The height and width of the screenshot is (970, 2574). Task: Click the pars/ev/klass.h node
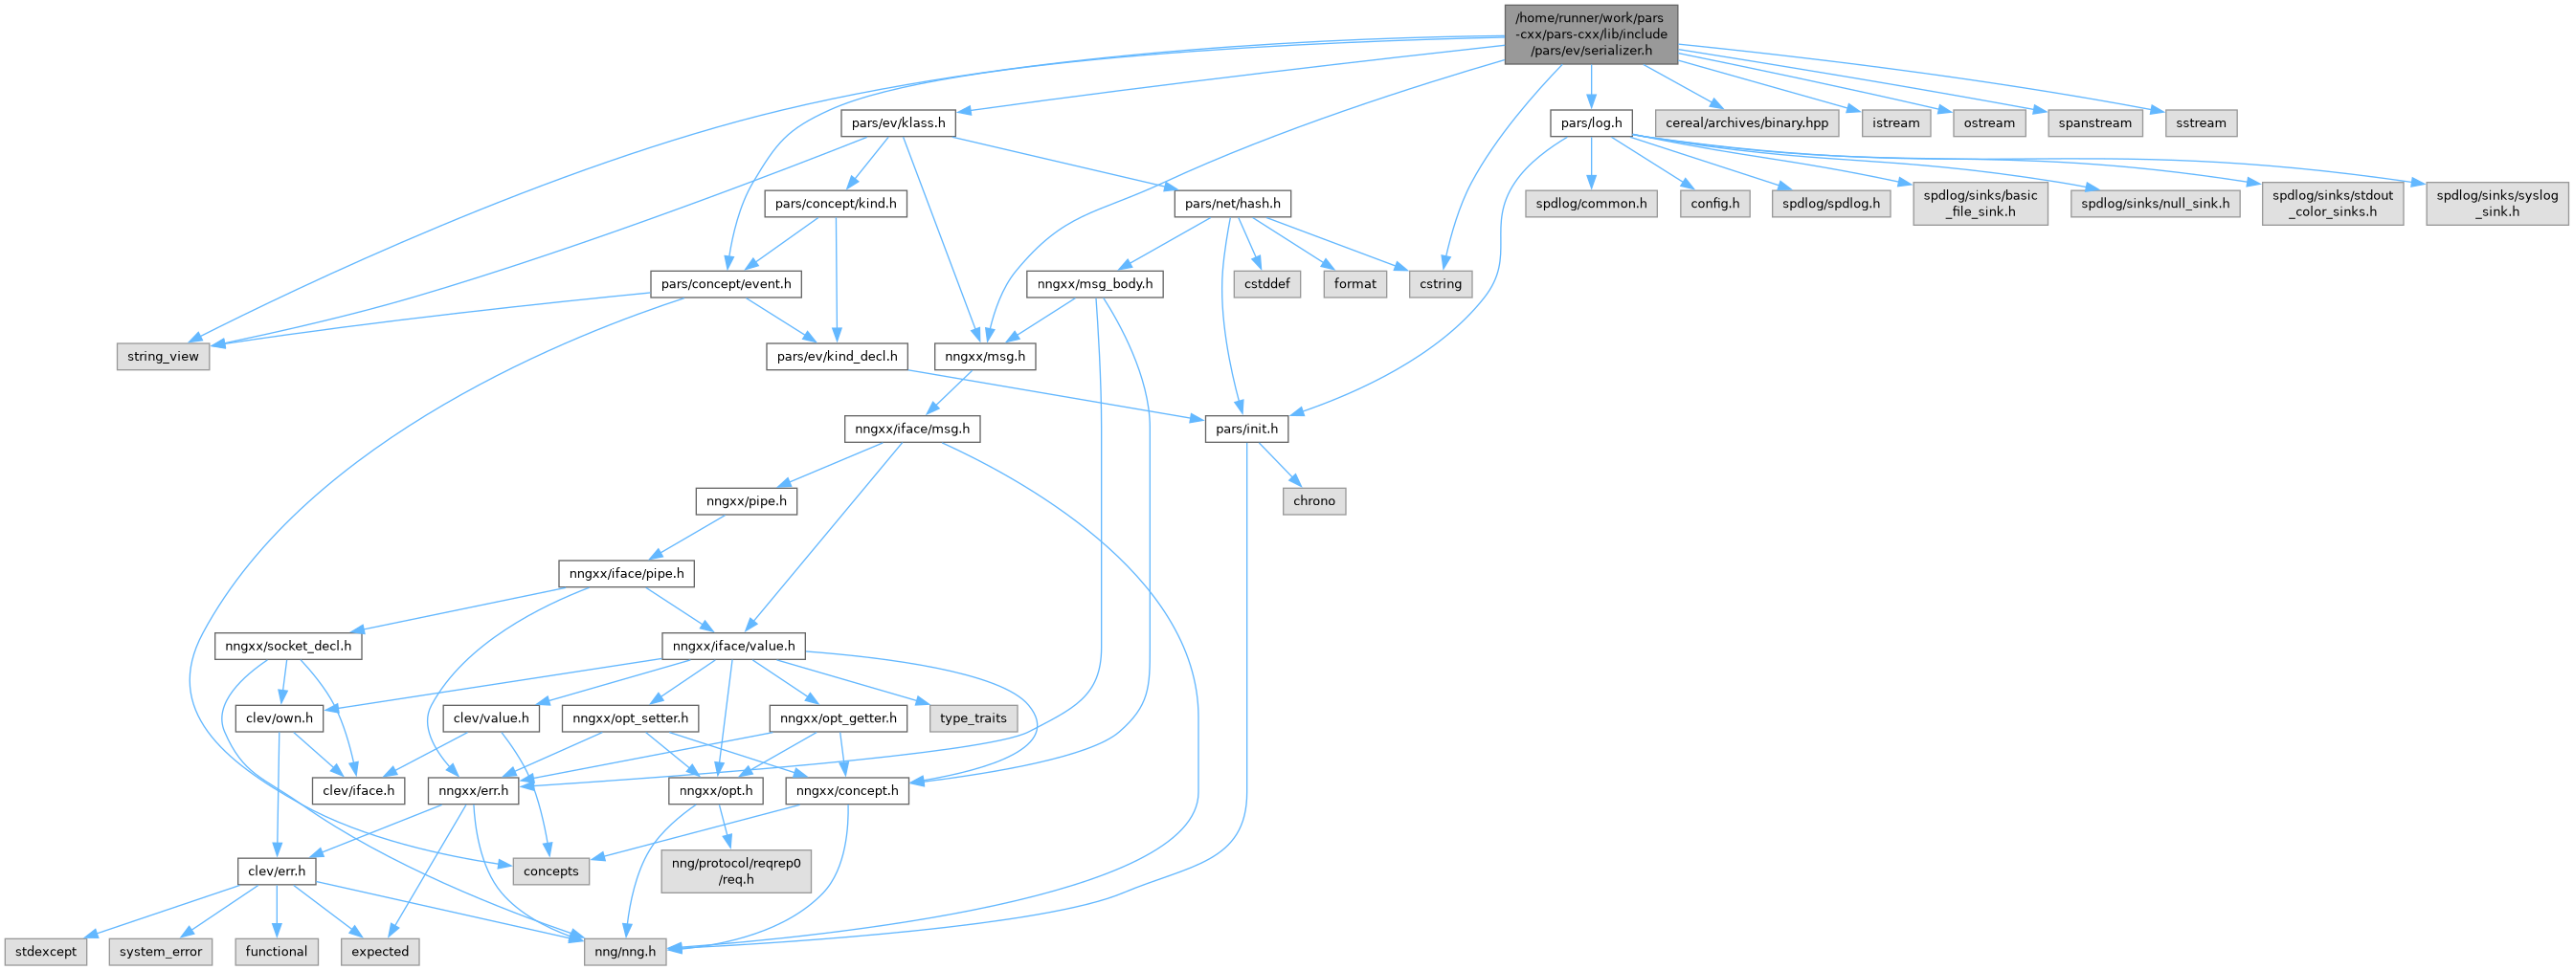pos(898,122)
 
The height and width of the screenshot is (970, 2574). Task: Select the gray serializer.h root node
pos(1591,34)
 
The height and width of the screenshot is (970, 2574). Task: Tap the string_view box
pos(163,357)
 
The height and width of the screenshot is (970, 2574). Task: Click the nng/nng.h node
pos(624,951)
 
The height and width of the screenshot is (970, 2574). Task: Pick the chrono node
pos(1314,500)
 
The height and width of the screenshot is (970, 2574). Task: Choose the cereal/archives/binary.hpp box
pos(1747,122)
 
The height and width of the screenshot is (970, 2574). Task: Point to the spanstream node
pos(2094,122)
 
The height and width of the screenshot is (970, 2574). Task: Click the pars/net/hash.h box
pos(1232,204)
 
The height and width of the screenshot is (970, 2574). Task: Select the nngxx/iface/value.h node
pos(733,647)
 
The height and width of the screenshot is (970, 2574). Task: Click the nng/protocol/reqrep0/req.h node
pos(736,871)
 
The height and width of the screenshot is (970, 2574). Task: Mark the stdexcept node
pos(46,951)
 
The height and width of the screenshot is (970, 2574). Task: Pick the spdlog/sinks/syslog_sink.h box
pos(2497,204)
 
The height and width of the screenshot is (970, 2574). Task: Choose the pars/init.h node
pos(1246,429)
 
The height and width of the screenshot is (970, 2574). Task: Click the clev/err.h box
pos(277,871)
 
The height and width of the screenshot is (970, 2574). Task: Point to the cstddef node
pos(1267,284)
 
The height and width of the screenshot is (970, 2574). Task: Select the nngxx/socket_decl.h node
pos(288,647)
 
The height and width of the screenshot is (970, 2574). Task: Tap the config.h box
pos(1714,204)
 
